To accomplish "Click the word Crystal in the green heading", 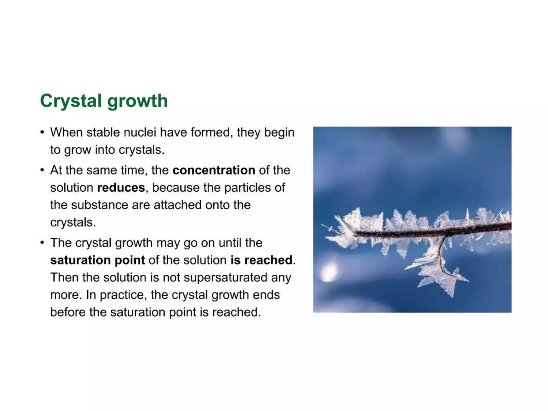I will coord(71,101).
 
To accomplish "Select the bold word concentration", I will coord(214,170).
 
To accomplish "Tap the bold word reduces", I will coord(121,188).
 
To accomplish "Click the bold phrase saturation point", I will coord(97,260).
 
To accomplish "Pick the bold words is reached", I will coord(261,260).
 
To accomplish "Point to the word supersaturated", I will coord(225,277).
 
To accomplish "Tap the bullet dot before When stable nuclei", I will coord(42,132).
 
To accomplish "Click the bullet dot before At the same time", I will coord(42,170).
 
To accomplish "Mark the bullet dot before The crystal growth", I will coord(42,243).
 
